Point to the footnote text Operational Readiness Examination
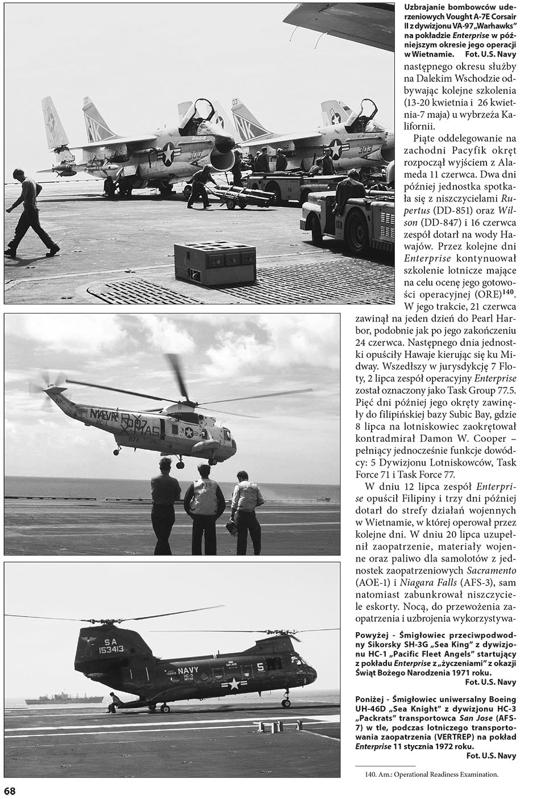pyautogui.click(x=443, y=773)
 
